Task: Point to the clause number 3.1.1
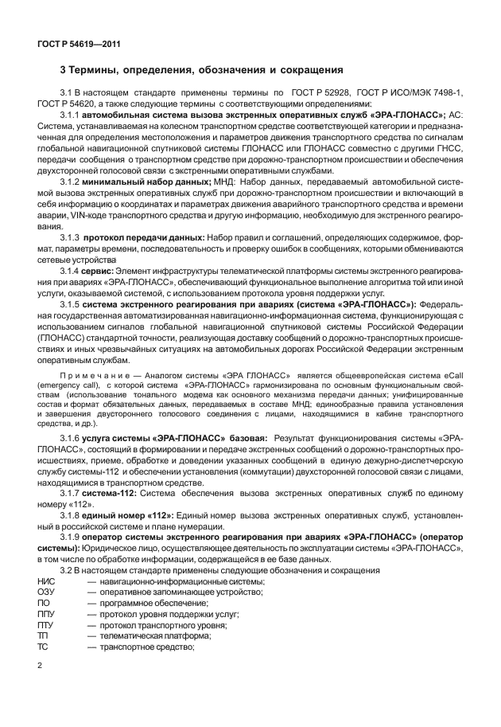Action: pyautogui.click(x=72, y=115)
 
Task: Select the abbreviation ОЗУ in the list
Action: pyautogui.click(x=46, y=592)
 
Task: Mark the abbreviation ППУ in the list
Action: pyautogui.click(x=46, y=614)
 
